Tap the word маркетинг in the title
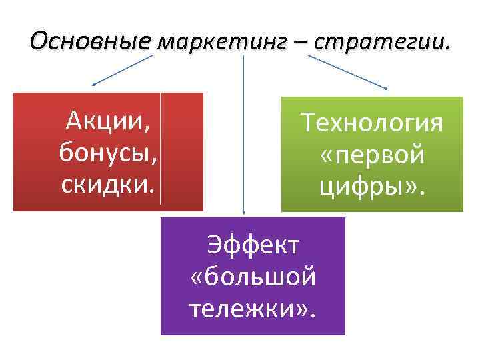tap(222, 43)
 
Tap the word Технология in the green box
tap(371, 123)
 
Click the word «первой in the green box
tap(371, 155)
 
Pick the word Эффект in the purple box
tap(253, 244)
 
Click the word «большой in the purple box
tap(253, 276)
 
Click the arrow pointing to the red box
tap(123, 70)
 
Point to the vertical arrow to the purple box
tap(243, 133)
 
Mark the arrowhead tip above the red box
tap(93, 85)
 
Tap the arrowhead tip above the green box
tap(387, 88)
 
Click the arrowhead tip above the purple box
tap(243, 214)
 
